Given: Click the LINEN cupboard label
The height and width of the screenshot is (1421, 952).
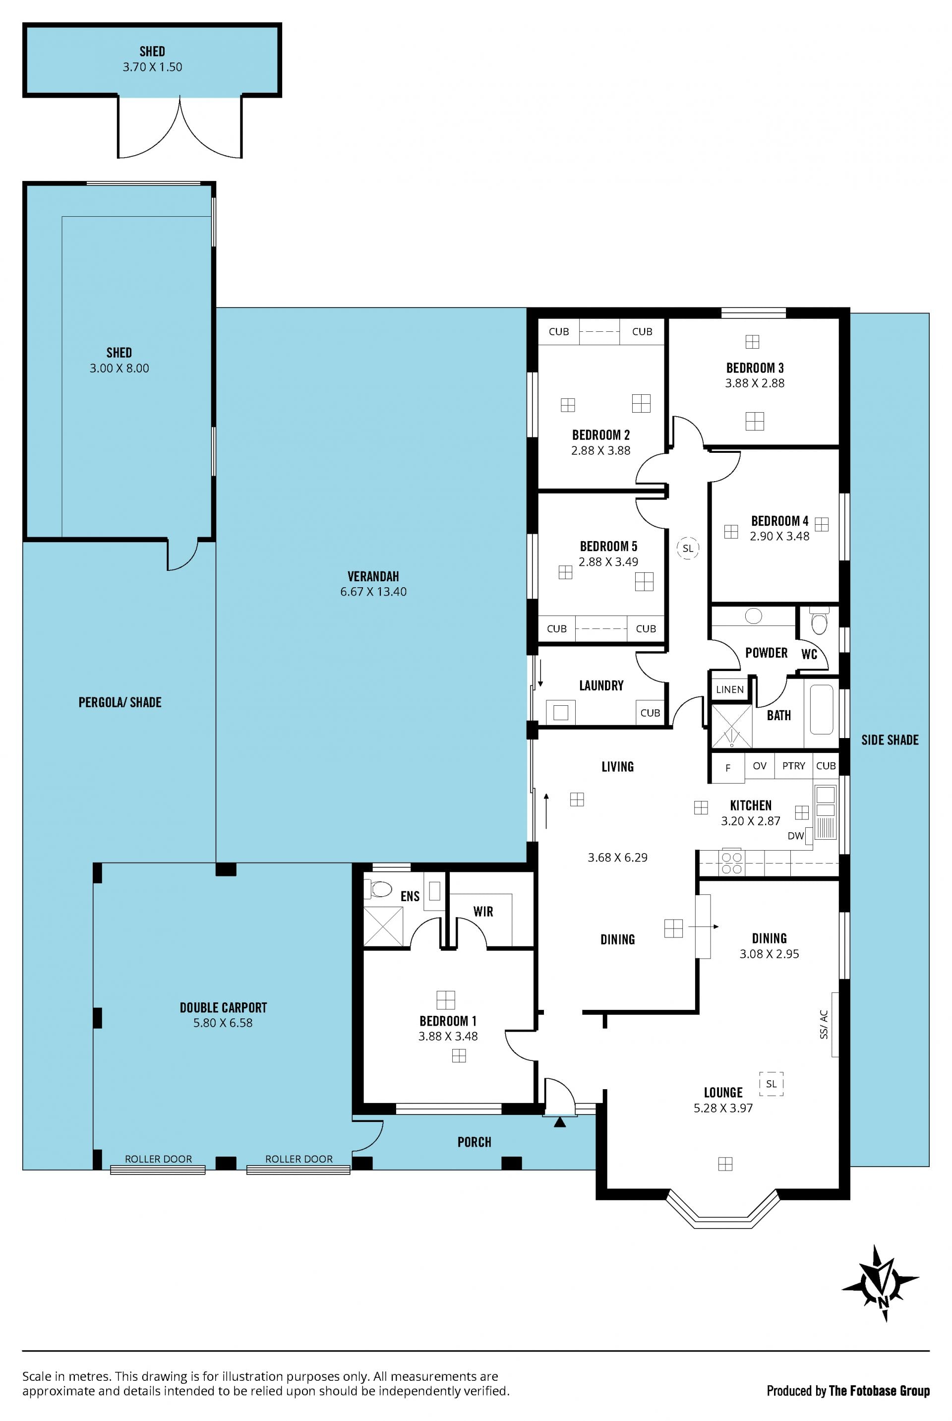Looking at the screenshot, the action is pos(729,689).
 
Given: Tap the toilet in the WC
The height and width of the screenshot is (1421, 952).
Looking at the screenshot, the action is pos(819,622).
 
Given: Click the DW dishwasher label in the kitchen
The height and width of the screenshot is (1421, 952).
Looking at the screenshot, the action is pos(795,836).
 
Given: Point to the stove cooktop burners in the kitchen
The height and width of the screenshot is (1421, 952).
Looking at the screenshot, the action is pos(732,863).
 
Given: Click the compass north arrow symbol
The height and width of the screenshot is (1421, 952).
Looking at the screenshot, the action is pos(881,1283).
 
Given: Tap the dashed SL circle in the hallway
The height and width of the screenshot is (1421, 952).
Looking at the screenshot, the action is pos(687,548).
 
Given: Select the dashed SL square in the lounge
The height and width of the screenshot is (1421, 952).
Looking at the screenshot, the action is pos(771,1083).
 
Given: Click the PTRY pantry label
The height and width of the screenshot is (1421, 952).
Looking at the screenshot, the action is pos(793,766).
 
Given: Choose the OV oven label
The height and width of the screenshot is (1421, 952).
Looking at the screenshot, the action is pos(760,766).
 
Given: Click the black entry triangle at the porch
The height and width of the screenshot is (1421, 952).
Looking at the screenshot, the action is pos(560,1122).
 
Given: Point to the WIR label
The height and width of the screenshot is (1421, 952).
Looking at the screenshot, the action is pos(483,912).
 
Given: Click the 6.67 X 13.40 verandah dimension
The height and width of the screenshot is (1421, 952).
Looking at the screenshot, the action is pos(373,592).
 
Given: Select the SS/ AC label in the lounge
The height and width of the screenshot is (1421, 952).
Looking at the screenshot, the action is pos(824,1024).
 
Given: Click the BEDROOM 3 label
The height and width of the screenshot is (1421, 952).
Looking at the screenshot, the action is pos(755,368).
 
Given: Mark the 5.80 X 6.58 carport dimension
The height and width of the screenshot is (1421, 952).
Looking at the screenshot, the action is pos(223,1023).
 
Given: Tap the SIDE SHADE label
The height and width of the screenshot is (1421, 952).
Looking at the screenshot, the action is pos(890,740).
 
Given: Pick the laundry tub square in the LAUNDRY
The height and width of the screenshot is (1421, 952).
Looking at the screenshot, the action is pos(560,712).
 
